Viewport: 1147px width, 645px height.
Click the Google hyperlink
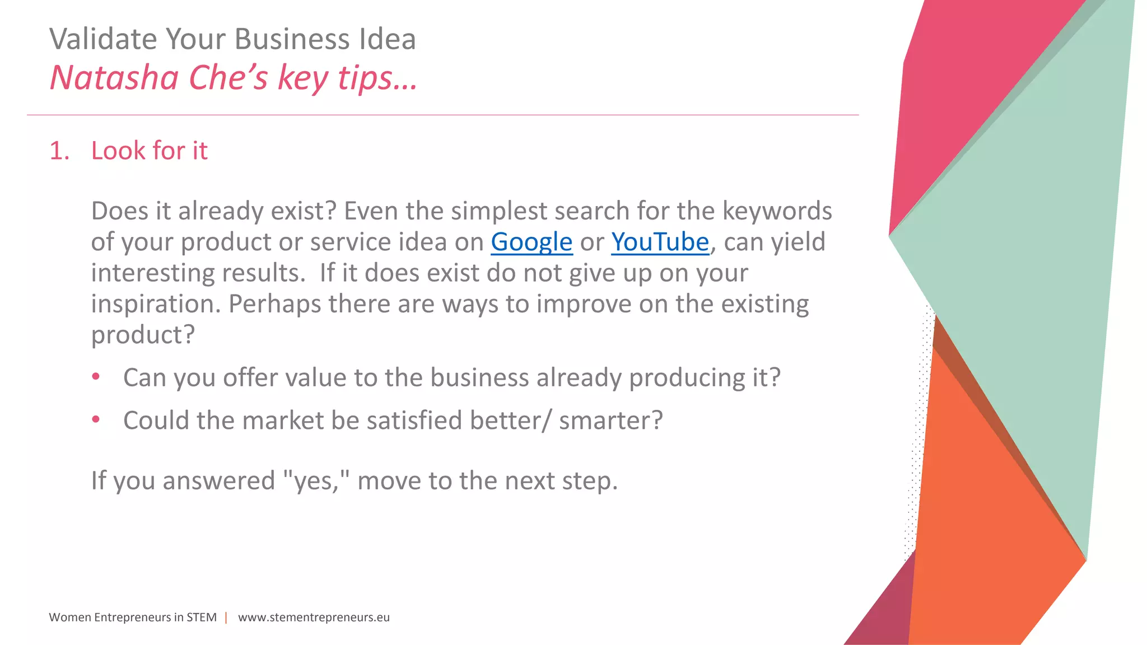tap(531, 242)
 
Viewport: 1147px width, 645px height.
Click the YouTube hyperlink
tap(660, 242)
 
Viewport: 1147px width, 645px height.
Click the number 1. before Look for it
tap(59, 151)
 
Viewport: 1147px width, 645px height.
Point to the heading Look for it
tap(149, 151)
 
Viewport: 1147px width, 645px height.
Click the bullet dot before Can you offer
tap(96, 377)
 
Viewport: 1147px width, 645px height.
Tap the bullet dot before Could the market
tap(96, 419)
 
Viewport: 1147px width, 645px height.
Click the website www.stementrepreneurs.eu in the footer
tap(314, 617)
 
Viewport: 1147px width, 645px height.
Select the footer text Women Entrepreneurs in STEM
tap(133, 617)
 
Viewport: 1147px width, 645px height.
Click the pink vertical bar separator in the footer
tap(226, 617)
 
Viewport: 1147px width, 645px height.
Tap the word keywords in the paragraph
tap(777, 211)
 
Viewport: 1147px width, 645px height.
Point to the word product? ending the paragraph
tap(143, 335)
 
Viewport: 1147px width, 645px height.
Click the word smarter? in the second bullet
tap(610, 420)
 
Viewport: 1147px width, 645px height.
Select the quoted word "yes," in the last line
tap(316, 480)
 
